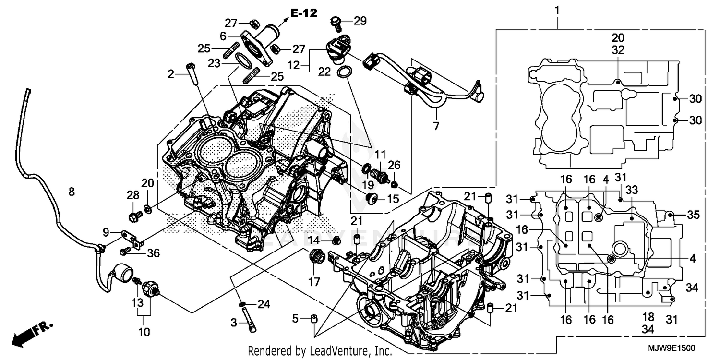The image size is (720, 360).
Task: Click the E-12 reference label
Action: pos(304,13)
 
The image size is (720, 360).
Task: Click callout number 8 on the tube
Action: pos(71,192)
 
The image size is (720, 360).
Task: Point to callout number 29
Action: pos(360,20)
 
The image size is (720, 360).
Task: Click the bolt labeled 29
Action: pos(336,22)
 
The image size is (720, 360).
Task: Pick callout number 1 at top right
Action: pos(557,10)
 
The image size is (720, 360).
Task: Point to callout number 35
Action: pos(693,215)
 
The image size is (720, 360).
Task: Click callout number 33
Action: pos(632,190)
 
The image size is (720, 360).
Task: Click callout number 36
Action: pos(154,252)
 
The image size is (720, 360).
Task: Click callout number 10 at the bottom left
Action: pos(144,332)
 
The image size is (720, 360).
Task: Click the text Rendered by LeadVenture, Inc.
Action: pos(320,351)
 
